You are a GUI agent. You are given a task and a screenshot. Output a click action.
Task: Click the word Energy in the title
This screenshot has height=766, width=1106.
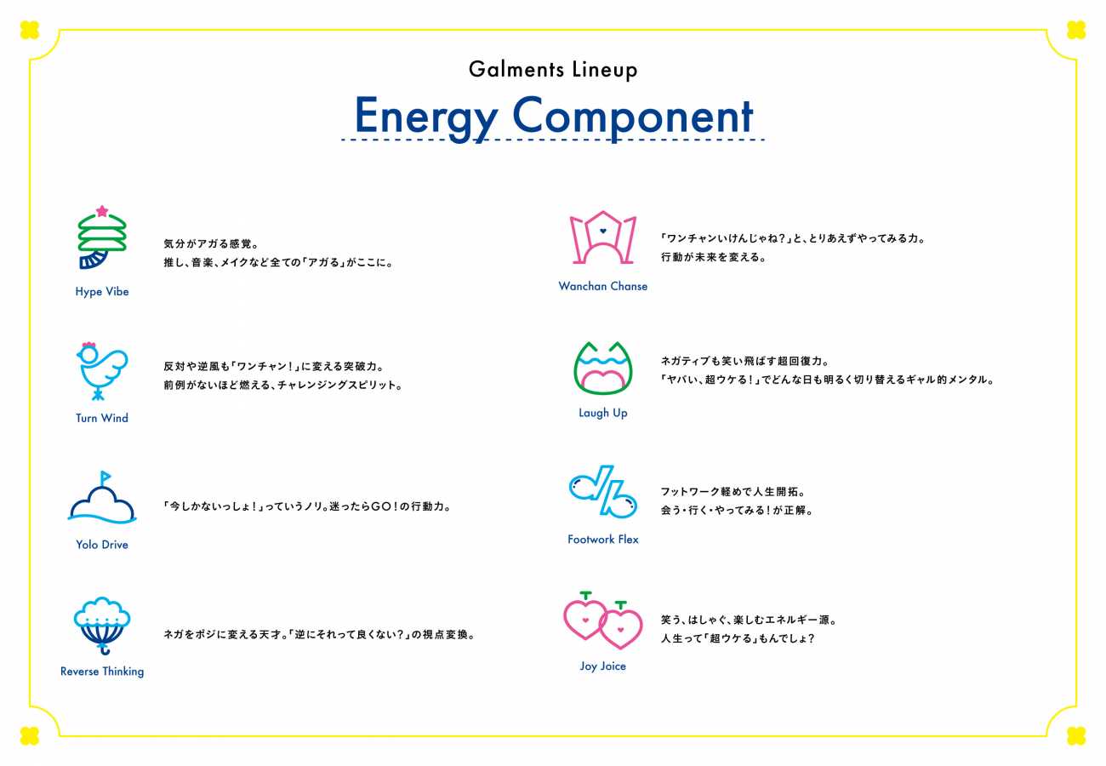pyautogui.click(x=426, y=117)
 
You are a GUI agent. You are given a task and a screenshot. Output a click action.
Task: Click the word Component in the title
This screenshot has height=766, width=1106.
pyautogui.click(x=633, y=117)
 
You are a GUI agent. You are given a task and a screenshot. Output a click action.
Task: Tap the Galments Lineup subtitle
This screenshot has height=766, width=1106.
pyautogui.click(x=553, y=70)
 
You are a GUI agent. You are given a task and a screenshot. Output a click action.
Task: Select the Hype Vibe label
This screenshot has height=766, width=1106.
pyautogui.click(x=102, y=292)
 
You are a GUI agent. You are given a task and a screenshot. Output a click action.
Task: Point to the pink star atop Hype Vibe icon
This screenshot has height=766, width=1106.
pyautogui.click(x=102, y=211)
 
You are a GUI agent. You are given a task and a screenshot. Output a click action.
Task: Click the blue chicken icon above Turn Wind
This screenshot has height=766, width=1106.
pyautogui.click(x=102, y=371)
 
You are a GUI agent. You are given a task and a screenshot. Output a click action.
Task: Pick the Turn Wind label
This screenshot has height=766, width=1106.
pyautogui.click(x=102, y=418)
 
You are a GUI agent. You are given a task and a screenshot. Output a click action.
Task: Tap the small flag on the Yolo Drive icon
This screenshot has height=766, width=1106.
pyautogui.click(x=105, y=477)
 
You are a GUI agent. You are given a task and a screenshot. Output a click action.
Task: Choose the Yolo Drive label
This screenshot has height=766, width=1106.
pyautogui.click(x=102, y=545)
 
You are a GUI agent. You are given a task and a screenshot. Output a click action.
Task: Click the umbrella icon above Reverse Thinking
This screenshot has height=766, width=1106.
pyautogui.click(x=102, y=626)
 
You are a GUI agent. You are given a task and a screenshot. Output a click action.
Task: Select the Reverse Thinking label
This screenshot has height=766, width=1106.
pyautogui.click(x=102, y=672)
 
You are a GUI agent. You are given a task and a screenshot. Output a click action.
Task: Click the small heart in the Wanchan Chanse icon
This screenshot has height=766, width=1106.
pyautogui.click(x=603, y=231)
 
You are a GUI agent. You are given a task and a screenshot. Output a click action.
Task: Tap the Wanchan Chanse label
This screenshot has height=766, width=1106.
pyautogui.click(x=603, y=287)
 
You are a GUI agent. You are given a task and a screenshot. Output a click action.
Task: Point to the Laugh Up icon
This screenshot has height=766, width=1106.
pyautogui.click(x=603, y=368)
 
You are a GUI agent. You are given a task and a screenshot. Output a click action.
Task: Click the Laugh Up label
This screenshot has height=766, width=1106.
pyautogui.click(x=603, y=413)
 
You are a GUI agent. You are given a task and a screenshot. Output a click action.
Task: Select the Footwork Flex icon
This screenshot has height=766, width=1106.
pyautogui.click(x=603, y=492)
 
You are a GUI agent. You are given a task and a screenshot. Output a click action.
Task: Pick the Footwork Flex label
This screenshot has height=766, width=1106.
pyautogui.click(x=603, y=540)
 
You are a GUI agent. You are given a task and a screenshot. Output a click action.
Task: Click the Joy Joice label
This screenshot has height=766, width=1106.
pyautogui.click(x=603, y=666)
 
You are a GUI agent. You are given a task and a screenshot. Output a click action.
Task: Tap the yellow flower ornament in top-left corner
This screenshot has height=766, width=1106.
pyautogui.click(x=30, y=30)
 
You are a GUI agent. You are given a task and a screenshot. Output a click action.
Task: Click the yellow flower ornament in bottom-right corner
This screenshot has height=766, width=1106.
pyautogui.click(x=1076, y=736)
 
